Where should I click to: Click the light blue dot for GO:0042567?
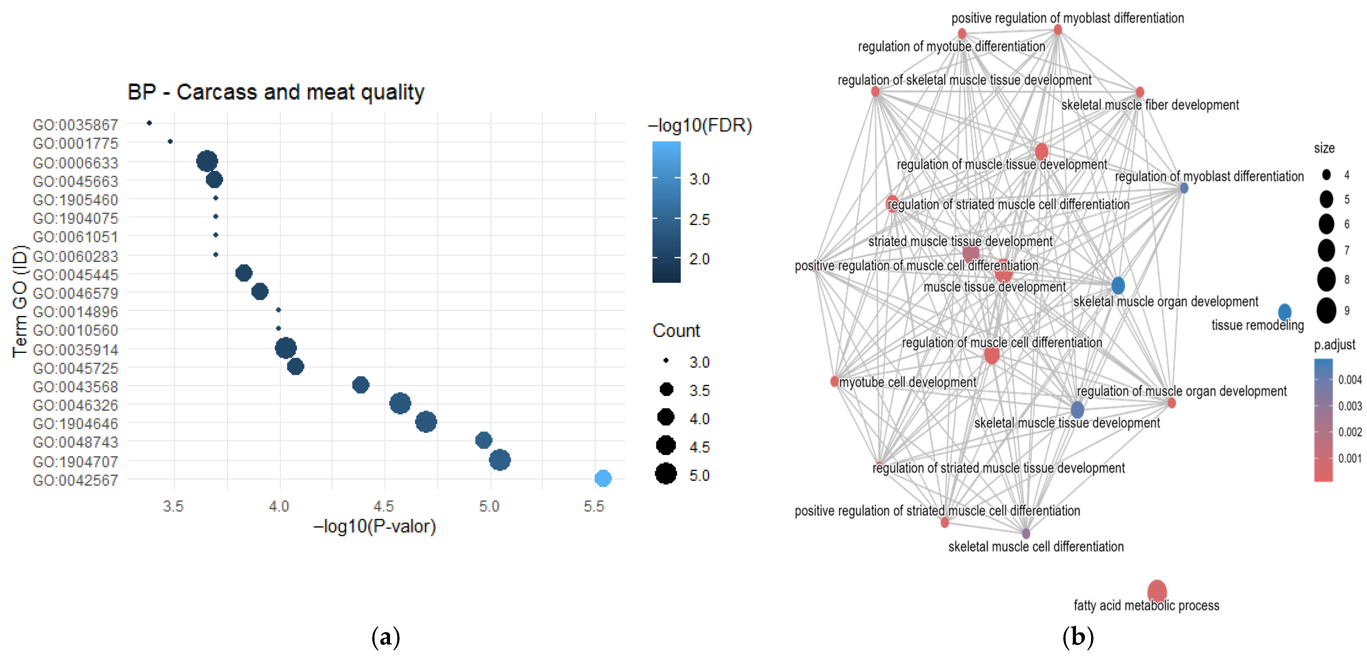602,478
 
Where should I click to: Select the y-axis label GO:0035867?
76,125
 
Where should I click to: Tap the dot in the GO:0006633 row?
207,161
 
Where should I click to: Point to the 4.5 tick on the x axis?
384,506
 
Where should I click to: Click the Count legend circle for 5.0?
666,474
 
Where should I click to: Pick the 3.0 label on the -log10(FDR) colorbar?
699,179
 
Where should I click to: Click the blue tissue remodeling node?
1284,312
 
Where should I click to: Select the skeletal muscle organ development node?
1118,285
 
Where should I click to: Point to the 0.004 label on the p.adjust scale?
1349,380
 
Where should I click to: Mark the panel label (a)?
385,637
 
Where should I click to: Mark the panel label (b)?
1077,637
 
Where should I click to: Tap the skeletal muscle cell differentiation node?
1026,533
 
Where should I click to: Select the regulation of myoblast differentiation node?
1184,188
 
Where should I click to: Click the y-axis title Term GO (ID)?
20,301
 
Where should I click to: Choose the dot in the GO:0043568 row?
360,385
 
